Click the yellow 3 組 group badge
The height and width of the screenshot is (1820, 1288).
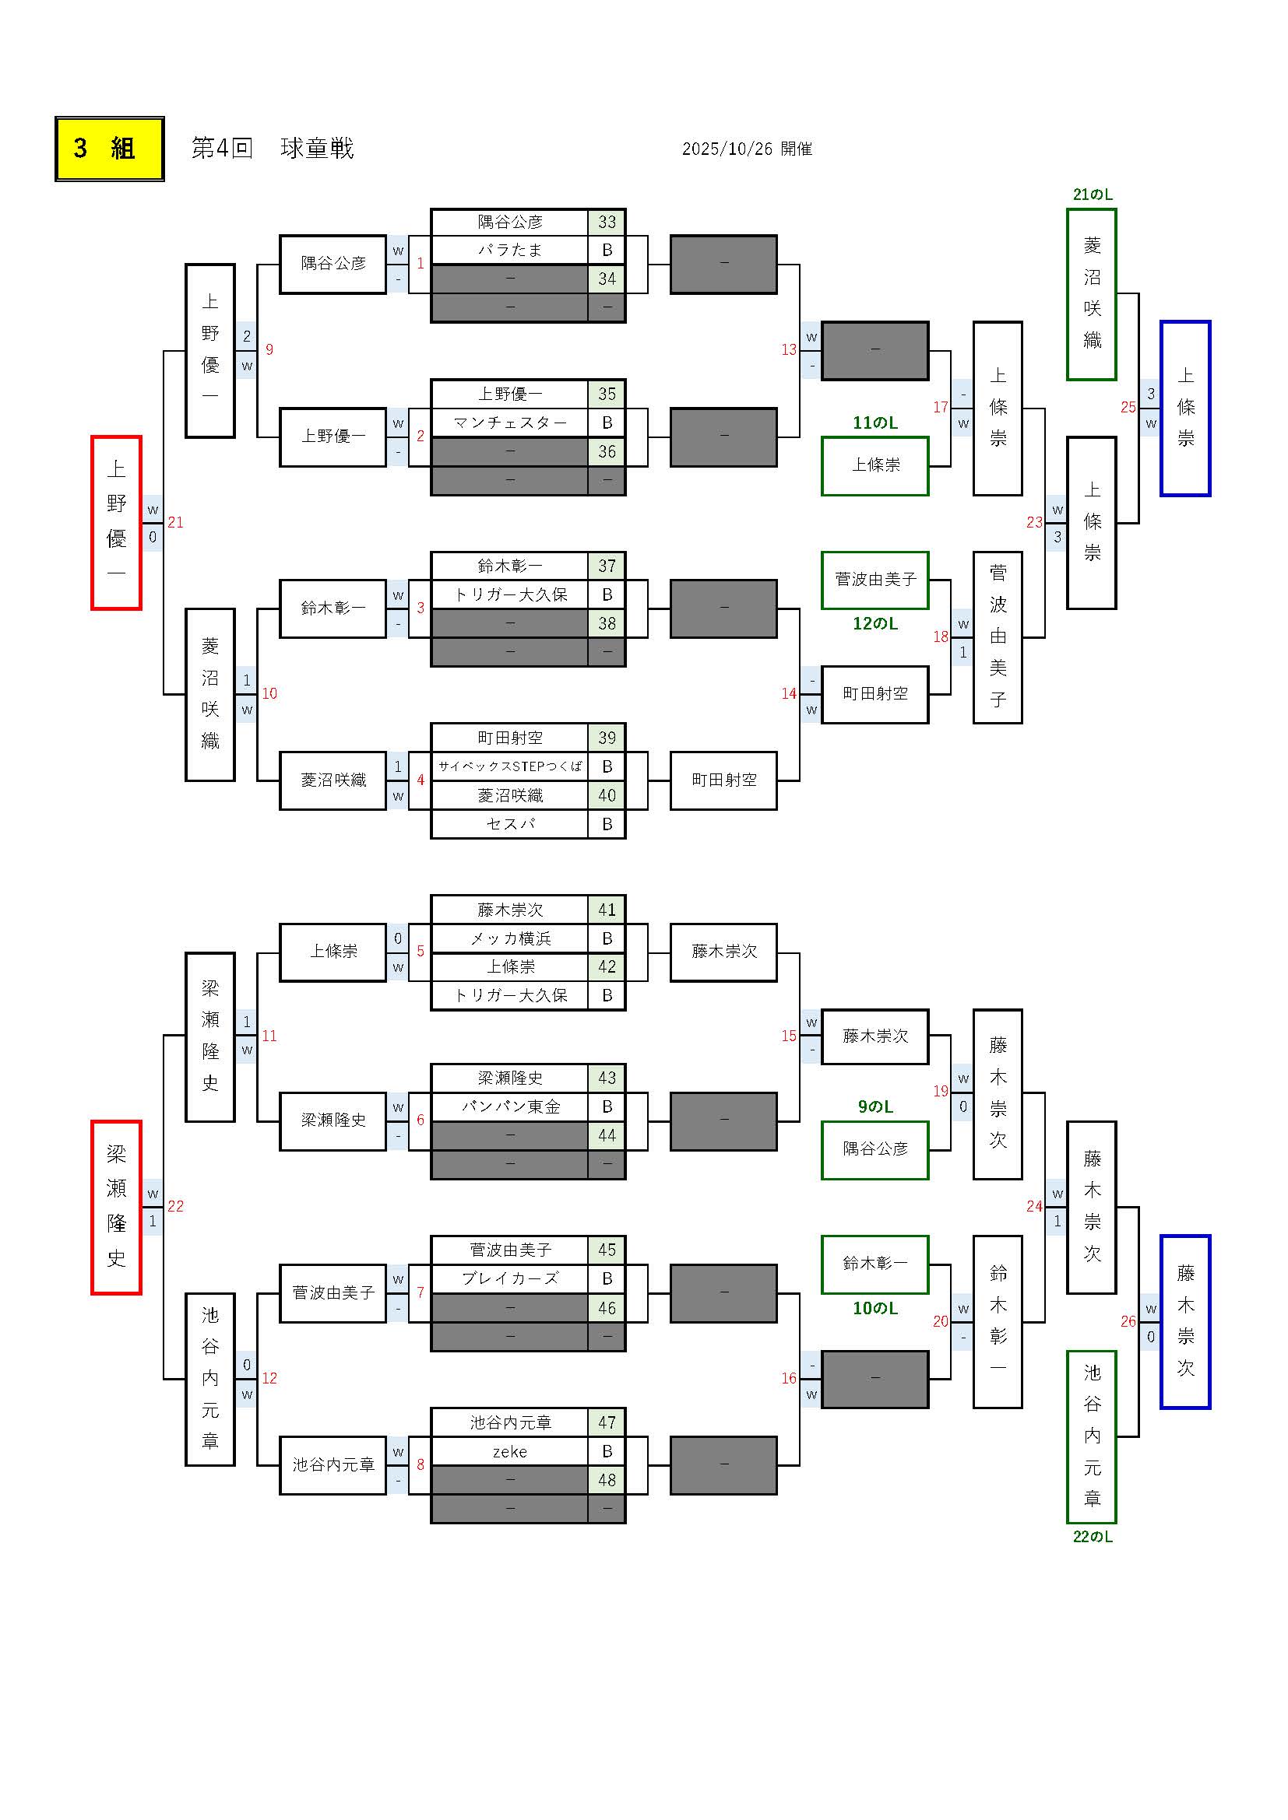110,149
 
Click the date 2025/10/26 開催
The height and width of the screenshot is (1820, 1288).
746,149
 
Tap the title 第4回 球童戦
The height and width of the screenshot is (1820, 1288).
272,149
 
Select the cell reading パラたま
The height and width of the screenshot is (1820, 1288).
509,251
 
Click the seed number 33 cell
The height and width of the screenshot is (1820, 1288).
607,222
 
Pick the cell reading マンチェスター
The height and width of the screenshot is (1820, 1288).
509,423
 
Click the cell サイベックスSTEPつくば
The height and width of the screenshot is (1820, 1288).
509,766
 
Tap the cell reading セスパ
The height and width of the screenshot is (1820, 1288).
509,824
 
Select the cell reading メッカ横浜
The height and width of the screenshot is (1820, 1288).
509,938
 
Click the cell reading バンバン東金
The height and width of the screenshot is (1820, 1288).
509,1107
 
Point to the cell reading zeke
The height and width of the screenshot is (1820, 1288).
509,1451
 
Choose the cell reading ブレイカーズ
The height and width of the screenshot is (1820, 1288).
509,1278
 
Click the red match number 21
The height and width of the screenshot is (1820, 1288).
175,522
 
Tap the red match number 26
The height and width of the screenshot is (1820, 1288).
1128,1321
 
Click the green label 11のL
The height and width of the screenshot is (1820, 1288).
875,423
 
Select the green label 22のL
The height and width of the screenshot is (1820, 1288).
1092,1536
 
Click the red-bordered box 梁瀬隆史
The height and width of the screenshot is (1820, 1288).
117,1207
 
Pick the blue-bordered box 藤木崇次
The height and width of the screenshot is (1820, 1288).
1185,1321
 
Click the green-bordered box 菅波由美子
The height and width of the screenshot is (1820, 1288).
875,580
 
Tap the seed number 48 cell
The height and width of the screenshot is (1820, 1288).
607,1480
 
